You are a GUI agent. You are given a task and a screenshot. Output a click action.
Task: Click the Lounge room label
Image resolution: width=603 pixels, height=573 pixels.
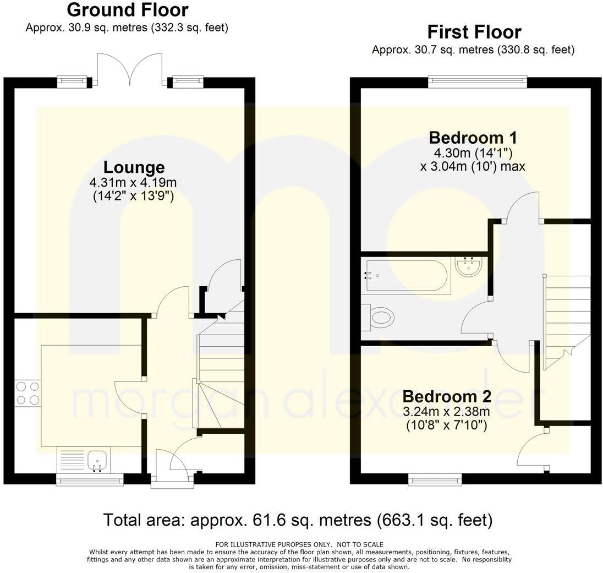point(134,167)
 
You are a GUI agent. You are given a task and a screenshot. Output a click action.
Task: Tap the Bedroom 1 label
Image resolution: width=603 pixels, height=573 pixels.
point(473,137)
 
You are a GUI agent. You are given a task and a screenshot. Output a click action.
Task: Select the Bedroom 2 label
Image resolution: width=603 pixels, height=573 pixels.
point(447,396)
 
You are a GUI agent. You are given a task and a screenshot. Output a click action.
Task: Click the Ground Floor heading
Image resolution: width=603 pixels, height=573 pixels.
point(127,10)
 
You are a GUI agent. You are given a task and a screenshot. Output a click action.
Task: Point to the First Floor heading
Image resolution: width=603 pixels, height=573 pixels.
point(474,32)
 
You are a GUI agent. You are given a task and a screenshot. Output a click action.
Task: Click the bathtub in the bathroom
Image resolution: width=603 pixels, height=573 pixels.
point(407,276)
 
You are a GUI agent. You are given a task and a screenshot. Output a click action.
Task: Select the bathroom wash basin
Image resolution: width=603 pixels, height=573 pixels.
point(469,267)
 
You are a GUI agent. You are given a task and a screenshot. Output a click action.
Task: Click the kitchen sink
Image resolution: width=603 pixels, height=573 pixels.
point(98,460)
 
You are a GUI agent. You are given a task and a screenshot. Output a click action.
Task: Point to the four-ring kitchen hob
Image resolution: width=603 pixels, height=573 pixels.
point(28,393)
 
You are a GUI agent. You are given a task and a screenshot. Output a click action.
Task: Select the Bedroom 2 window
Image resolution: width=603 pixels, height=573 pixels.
point(435,481)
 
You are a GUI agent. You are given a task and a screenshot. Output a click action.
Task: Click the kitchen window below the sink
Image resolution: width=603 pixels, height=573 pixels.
point(90,481)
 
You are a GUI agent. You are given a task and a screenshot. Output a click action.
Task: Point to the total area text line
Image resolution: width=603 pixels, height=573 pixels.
point(298,520)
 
